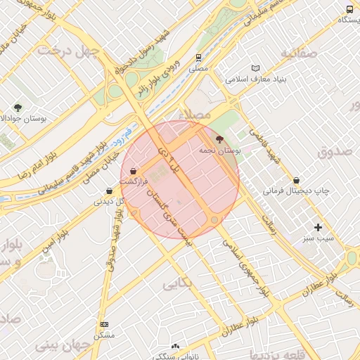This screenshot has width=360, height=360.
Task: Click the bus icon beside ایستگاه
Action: (350, 9)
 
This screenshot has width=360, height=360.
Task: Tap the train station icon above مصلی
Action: (200, 58)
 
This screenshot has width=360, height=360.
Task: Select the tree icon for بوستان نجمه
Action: (219, 139)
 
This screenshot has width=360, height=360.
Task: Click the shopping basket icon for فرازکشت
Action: (133, 171)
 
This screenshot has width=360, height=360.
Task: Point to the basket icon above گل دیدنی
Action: (109, 191)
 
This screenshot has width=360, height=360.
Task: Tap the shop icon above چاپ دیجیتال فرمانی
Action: (296, 180)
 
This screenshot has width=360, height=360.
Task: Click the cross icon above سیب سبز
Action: (319, 227)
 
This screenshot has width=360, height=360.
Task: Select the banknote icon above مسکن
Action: (104, 324)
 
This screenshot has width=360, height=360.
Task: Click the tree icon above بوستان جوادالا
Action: (18, 108)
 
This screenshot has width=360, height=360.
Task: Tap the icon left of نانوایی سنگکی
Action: (175, 347)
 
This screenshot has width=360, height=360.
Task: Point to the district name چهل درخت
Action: (67, 50)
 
